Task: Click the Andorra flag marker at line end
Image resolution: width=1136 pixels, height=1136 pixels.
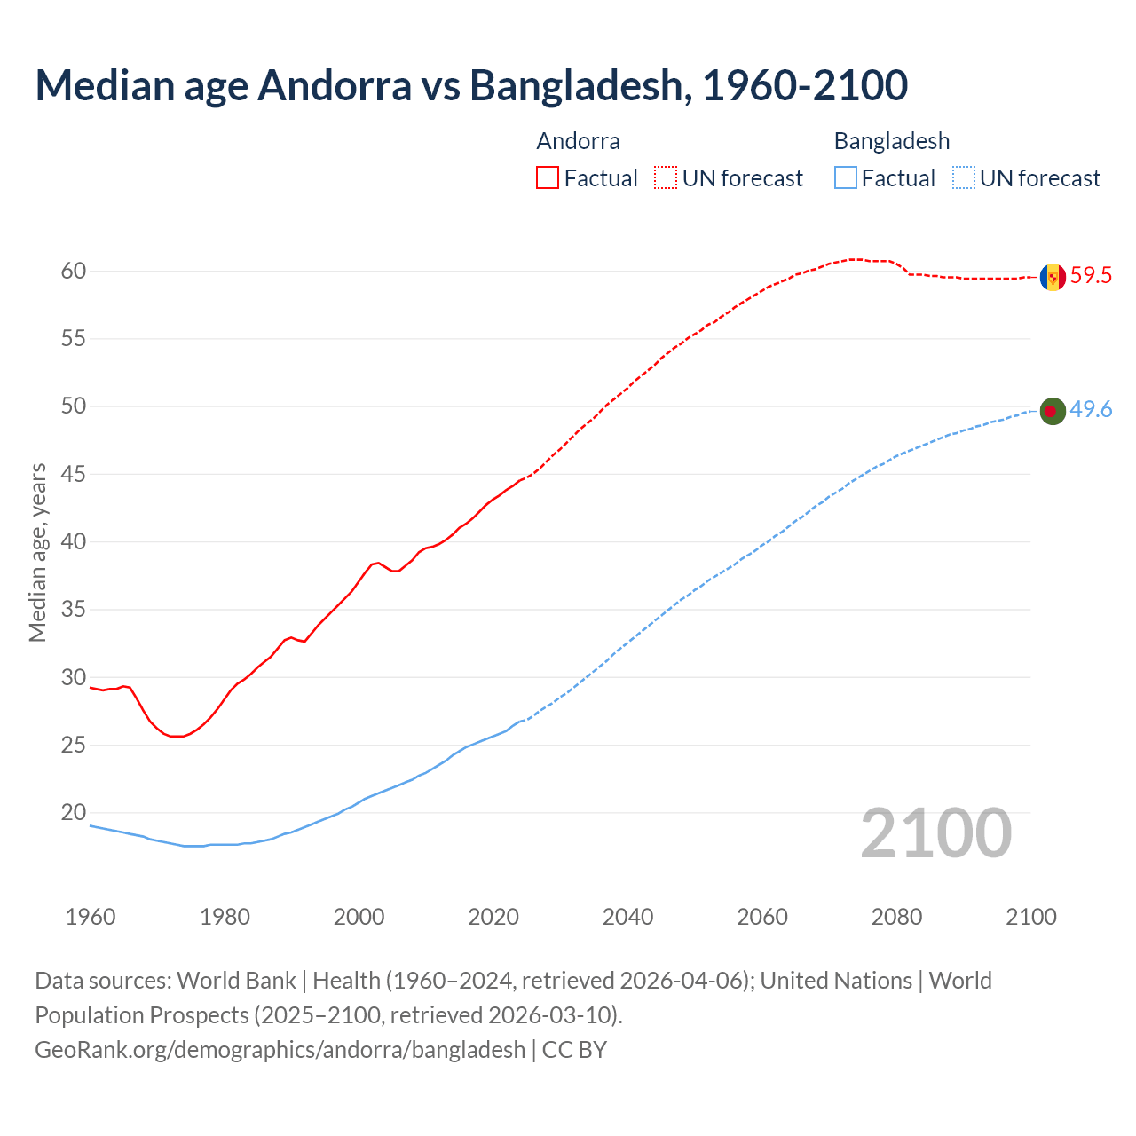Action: coord(1053,277)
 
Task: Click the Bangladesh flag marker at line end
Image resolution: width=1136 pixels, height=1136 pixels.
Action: coord(1053,411)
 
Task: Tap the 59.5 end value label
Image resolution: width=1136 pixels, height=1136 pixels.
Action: coord(1091,276)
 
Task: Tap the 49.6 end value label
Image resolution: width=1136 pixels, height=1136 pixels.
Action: coord(1091,410)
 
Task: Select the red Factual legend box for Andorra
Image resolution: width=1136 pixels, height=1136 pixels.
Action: coord(548,178)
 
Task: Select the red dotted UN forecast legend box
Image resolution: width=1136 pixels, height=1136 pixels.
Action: coord(666,178)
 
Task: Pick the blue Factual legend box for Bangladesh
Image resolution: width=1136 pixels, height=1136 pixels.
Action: coord(846,178)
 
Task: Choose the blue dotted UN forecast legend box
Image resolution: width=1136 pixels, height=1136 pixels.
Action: coord(964,178)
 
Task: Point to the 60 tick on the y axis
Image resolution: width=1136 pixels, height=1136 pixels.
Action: coord(74,272)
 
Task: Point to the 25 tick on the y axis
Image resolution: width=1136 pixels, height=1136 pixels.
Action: coord(74,745)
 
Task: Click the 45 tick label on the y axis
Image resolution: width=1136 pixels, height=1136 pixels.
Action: coord(74,475)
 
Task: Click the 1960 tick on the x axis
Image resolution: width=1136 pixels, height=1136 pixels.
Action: coord(91,917)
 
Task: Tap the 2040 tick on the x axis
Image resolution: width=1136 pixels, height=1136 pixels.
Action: coord(627,917)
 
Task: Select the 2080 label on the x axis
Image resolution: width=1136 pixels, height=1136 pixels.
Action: coord(896,917)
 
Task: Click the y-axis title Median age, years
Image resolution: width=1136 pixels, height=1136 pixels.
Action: coord(37,552)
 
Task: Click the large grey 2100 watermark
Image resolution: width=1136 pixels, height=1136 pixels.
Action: coord(935,833)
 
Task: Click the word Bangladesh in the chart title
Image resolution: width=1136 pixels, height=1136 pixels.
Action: coord(577,85)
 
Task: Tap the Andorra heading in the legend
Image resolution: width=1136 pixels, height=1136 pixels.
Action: coord(578,141)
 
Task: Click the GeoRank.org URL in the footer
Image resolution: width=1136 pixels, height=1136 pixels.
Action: coord(280,1050)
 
